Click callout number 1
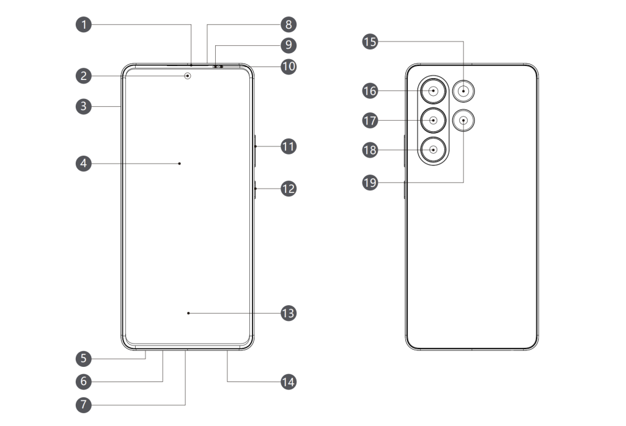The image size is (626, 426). pos(84,25)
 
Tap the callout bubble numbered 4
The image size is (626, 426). pos(84,164)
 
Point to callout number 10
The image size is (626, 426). pos(288,66)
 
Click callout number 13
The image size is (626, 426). pos(288,313)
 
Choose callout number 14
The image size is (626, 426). pos(288,381)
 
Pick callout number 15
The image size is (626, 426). pos(370,42)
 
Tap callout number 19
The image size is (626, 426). pos(370,182)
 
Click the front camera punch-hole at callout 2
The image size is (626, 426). pos(188,76)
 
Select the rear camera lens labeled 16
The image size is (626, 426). pos(433,91)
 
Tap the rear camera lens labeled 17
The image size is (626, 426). pos(433,120)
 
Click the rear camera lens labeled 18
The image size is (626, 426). pos(433,150)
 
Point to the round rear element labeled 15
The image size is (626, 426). pos(464,91)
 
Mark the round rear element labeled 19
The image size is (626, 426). pos(464,120)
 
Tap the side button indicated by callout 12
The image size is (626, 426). pos(254,189)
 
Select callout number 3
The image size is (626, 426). pos(84,106)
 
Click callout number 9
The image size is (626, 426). pos(288,45)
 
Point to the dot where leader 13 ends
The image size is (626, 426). pos(188,313)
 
